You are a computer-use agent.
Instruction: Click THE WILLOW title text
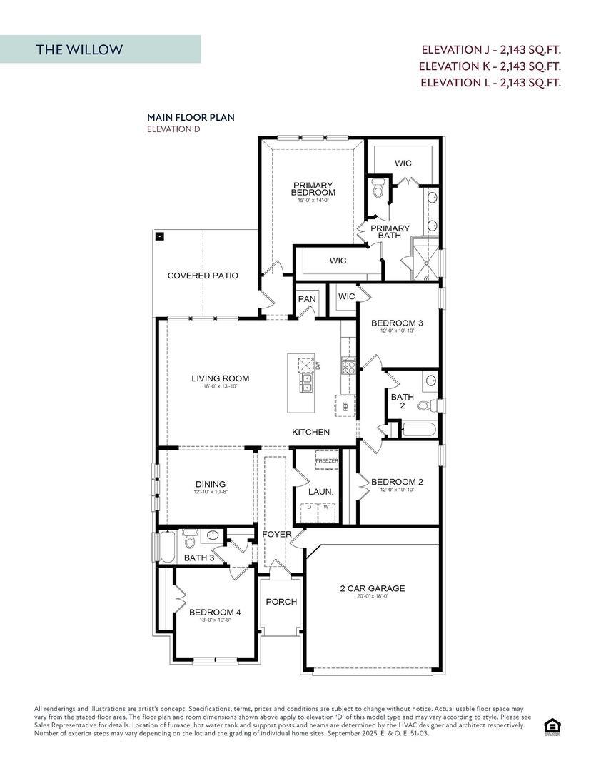point(80,49)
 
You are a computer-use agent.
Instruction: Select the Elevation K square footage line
point(490,66)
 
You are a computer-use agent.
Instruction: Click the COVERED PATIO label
point(203,276)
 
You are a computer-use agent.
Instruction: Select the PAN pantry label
point(307,299)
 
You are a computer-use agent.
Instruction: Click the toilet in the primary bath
point(378,190)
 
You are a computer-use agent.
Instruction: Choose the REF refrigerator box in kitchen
point(345,404)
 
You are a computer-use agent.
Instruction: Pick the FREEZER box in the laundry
point(327,460)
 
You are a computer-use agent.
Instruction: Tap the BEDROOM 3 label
point(397,323)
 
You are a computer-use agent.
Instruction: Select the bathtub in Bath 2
point(418,429)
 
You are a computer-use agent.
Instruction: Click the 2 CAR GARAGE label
point(372,588)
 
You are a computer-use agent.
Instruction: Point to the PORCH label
point(281,602)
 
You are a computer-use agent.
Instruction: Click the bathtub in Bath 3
point(165,547)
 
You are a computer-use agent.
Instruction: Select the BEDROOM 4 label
point(215,613)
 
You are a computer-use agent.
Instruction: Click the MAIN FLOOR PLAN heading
point(191,116)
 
